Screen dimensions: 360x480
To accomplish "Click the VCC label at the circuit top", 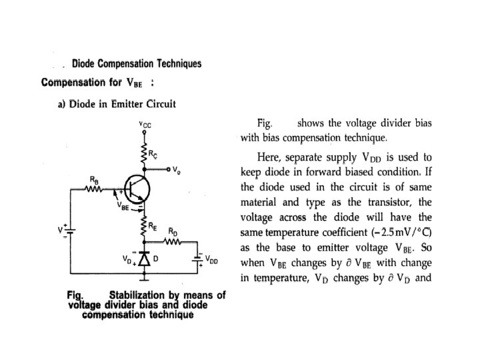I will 145,124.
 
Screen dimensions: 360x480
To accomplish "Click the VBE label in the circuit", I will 123,206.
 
